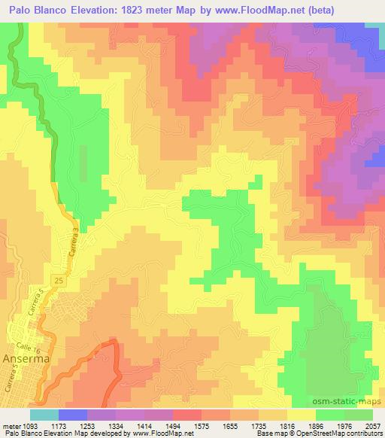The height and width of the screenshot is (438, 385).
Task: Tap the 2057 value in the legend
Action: coord(374,426)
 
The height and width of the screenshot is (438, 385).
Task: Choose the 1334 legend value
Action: coord(117,426)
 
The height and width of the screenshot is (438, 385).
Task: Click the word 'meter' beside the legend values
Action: coord(9,426)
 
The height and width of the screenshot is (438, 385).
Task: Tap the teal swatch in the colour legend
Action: coord(44,415)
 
